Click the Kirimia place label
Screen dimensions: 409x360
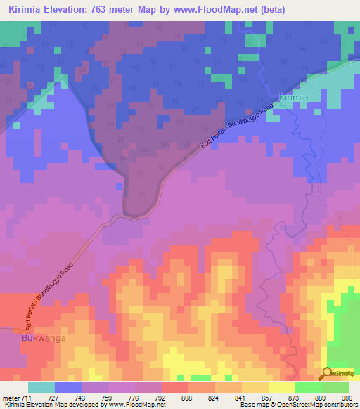coord(293,98)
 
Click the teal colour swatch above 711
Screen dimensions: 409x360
coord(41,387)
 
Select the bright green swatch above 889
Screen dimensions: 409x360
coord(308,387)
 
